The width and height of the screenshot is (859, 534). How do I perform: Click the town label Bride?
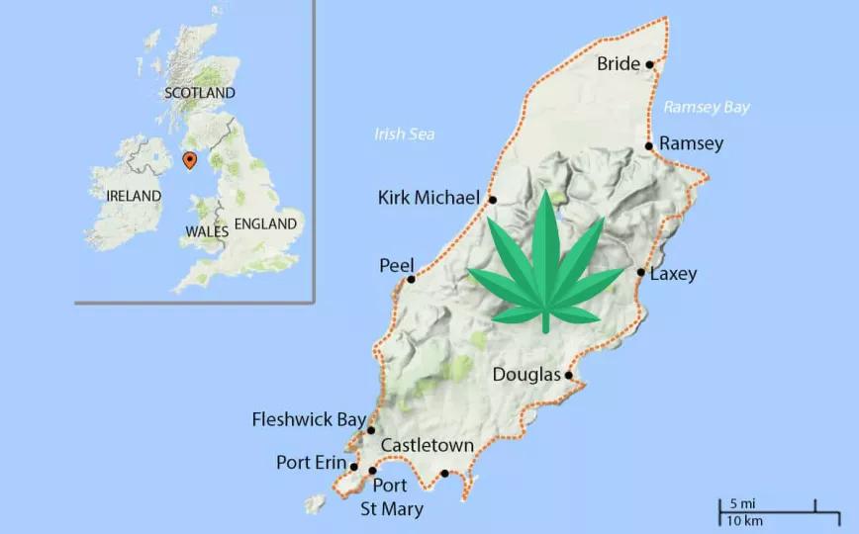[x=619, y=64]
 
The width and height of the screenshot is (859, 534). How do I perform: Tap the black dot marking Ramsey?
[x=649, y=146]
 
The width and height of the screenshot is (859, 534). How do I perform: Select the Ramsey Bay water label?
[x=707, y=107]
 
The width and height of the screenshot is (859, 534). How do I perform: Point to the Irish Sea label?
[x=405, y=134]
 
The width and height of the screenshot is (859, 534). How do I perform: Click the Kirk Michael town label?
[x=429, y=198]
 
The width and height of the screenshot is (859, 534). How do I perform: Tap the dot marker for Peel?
[x=411, y=279]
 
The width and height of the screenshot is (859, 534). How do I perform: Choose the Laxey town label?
[x=674, y=274]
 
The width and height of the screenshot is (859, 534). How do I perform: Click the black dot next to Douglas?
[x=569, y=375]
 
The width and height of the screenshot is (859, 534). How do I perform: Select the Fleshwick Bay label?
[x=309, y=419]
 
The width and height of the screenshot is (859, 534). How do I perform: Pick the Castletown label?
[x=427, y=446]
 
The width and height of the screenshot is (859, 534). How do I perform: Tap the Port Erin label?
[x=311, y=463]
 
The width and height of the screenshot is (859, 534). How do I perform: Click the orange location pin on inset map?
[x=190, y=159]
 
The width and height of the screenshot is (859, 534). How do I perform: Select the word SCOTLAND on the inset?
[x=200, y=93]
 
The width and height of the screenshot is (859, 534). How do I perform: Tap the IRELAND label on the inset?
[x=133, y=196]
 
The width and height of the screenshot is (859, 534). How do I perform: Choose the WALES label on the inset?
[x=207, y=231]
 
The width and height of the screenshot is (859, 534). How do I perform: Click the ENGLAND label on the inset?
[x=266, y=224]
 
